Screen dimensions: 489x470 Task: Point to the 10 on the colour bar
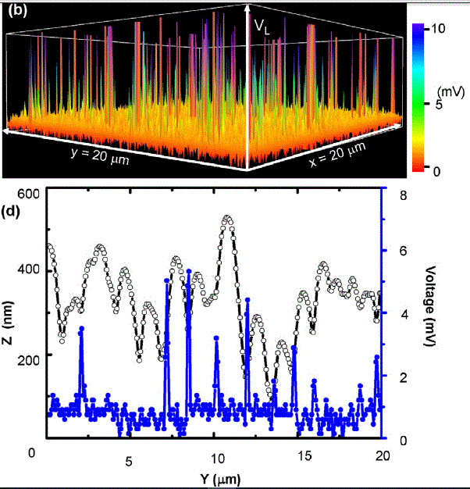[x=436, y=27]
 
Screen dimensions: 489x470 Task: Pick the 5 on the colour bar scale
[x=439, y=103]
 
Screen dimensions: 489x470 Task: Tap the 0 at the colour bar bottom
[x=438, y=170]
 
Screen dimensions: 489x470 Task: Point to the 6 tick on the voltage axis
[x=402, y=251]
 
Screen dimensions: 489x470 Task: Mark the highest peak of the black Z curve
[x=228, y=219]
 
